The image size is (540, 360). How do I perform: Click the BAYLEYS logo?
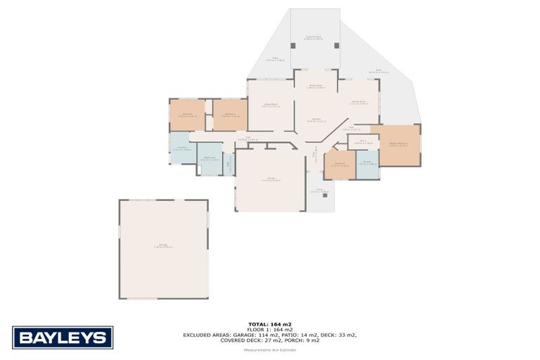63,337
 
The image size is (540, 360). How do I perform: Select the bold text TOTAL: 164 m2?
269,324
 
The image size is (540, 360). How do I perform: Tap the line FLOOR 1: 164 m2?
269,330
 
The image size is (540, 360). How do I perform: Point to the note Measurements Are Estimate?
269,349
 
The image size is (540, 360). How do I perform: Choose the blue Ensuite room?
367,164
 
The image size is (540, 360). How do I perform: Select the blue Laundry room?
182,148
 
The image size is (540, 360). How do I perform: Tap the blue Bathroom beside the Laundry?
209,159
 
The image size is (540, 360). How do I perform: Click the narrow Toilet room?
228,162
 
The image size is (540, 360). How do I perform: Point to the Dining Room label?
315,86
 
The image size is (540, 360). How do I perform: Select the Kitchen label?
316,120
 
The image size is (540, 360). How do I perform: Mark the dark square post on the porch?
325,194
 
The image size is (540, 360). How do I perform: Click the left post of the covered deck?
294,46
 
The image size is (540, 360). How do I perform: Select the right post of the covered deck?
336,46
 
